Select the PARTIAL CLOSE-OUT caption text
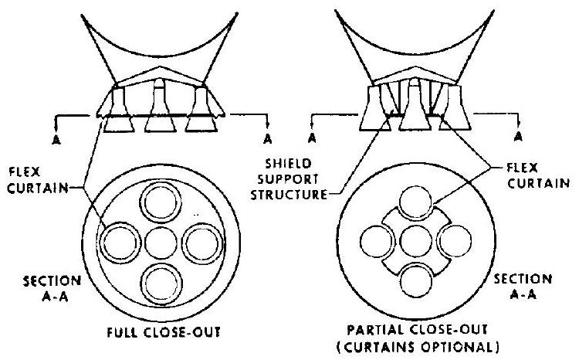coord(422,328)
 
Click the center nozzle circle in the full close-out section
coord(161,244)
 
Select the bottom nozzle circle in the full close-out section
coord(161,281)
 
